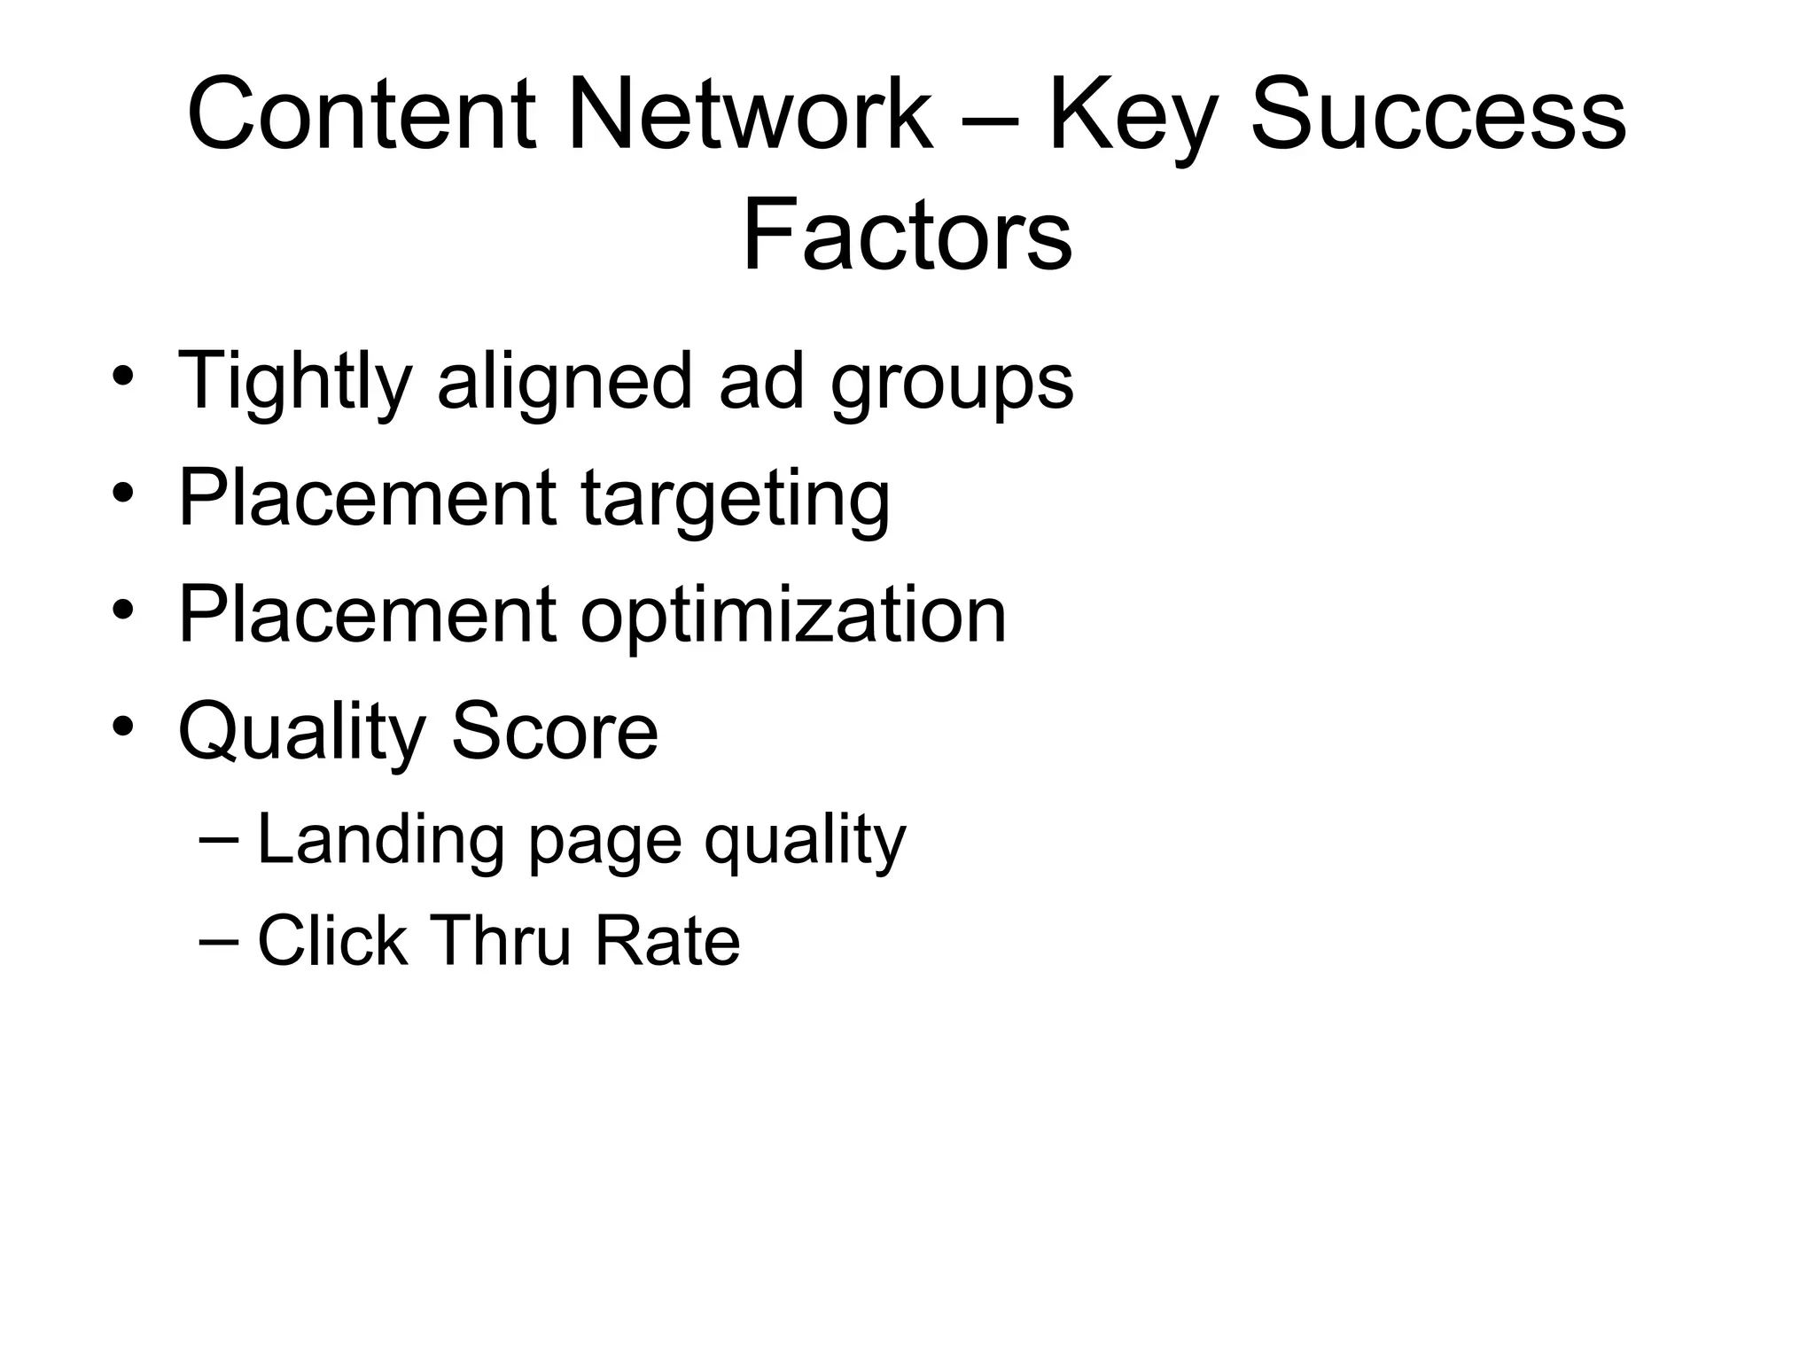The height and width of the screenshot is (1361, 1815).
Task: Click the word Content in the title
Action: click(362, 115)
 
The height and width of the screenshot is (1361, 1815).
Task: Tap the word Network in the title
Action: click(751, 115)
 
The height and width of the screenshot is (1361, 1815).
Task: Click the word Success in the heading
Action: click(1437, 115)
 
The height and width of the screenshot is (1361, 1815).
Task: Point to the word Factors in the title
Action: click(907, 236)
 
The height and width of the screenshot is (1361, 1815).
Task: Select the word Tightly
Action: click(295, 383)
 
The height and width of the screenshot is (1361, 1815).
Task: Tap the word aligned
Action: click(565, 383)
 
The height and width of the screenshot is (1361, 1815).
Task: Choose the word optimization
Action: click(793, 617)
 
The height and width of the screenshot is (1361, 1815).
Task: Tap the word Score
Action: click(555, 732)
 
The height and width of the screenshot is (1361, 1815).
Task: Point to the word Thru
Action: click(502, 941)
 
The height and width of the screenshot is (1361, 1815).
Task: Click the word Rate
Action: click(666, 941)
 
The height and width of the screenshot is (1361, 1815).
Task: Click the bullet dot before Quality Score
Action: click(123, 727)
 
